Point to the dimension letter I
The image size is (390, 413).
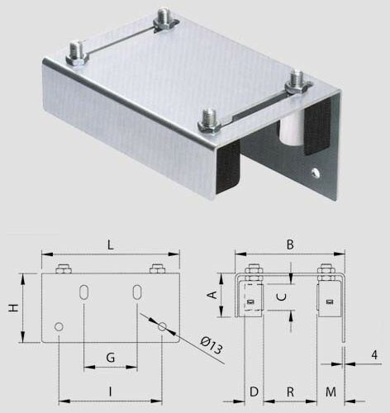(x=110, y=389)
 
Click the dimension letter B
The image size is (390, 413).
(x=290, y=244)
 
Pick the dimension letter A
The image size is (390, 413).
(x=212, y=293)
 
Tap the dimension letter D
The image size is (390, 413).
(x=254, y=391)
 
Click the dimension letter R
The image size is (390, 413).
(x=290, y=391)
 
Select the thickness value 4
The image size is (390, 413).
(x=374, y=354)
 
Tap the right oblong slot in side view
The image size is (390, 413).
(x=137, y=295)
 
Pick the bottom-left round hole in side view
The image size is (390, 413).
(x=59, y=328)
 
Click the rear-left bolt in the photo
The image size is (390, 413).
(x=76, y=53)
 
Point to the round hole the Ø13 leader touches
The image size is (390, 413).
(x=162, y=328)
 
